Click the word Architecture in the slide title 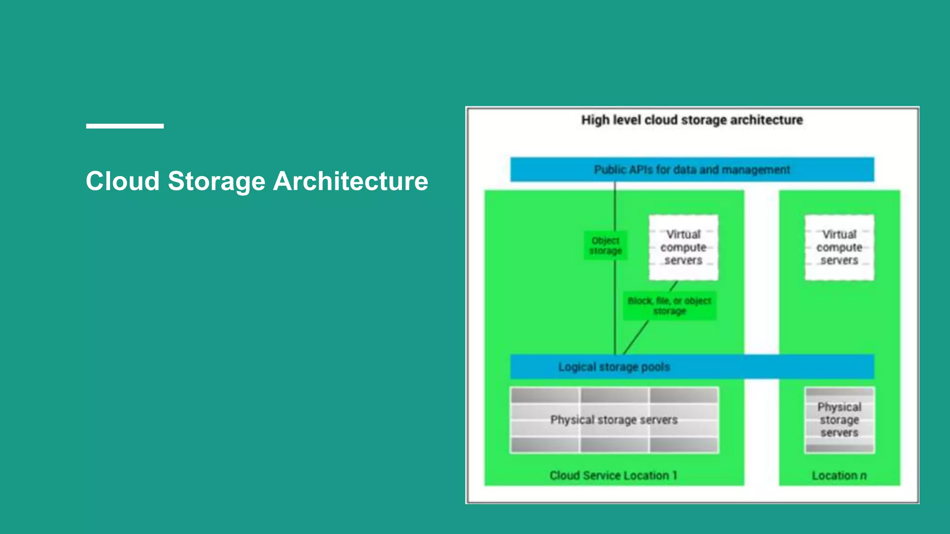click(x=350, y=181)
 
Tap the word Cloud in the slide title click(x=122, y=181)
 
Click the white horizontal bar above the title click(x=125, y=126)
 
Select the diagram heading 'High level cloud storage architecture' click(x=692, y=120)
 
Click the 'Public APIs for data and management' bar click(x=692, y=170)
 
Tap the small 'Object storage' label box click(x=605, y=246)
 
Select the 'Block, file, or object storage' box click(x=669, y=306)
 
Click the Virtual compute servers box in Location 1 click(x=683, y=248)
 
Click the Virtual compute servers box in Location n click(x=839, y=248)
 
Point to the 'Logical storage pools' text click(x=614, y=367)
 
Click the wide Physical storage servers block click(x=614, y=420)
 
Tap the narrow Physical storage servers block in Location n click(x=839, y=420)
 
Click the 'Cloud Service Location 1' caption click(x=613, y=476)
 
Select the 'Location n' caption click(x=839, y=476)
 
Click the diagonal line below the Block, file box click(x=635, y=337)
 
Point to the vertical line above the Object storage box click(x=615, y=206)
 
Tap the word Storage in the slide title click(x=216, y=181)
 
